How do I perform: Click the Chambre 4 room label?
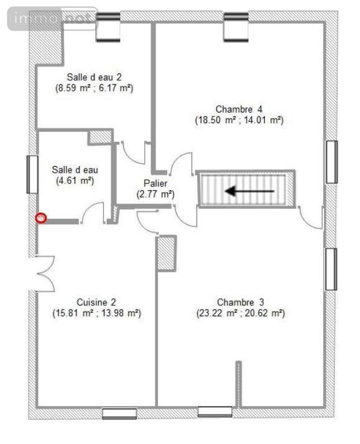click(x=239, y=109)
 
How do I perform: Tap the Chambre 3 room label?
click(x=240, y=302)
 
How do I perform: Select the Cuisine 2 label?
click(x=96, y=302)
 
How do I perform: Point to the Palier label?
click(x=155, y=183)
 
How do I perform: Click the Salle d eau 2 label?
click(x=95, y=77)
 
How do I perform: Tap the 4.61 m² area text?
click(x=75, y=180)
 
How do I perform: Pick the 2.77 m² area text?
click(x=155, y=194)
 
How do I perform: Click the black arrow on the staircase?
click(x=249, y=191)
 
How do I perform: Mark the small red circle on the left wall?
click(x=41, y=218)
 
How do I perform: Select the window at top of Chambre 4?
click(x=236, y=27)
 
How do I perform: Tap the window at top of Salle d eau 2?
click(x=108, y=27)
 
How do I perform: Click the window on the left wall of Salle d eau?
click(x=32, y=174)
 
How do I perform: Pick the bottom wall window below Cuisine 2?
click(x=119, y=414)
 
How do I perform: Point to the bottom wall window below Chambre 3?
click(x=215, y=412)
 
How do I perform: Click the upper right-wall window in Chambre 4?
click(x=331, y=162)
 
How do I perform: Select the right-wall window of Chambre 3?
click(x=331, y=269)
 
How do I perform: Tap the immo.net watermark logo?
click(x=53, y=19)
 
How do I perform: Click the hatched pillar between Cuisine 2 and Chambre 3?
click(x=167, y=254)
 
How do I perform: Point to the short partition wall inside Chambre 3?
click(x=239, y=384)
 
